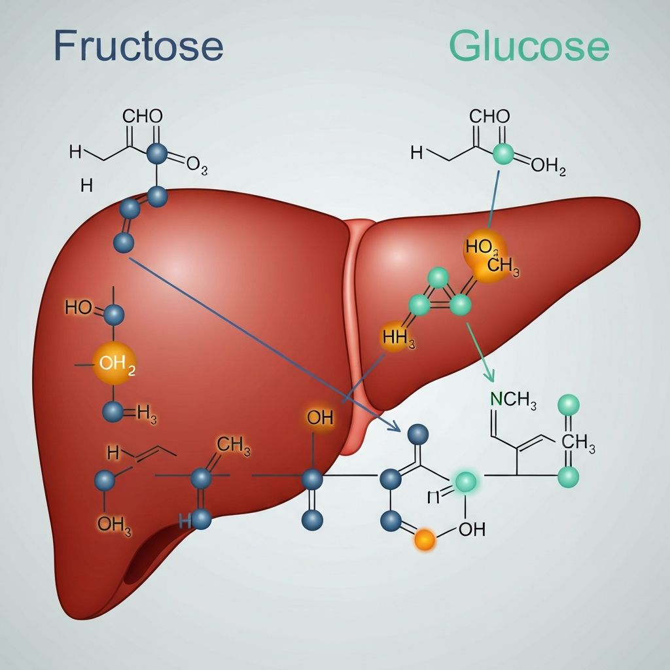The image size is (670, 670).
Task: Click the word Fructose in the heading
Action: (138, 46)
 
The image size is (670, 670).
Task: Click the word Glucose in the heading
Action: (529, 46)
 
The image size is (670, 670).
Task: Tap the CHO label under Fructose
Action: (143, 117)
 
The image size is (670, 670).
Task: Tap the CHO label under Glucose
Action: (489, 117)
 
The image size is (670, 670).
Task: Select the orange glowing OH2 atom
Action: (115, 363)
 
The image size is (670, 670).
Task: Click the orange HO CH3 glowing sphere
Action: (485, 256)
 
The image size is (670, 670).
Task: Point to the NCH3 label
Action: (514, 400)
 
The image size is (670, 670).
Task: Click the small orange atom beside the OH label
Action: (425, 540)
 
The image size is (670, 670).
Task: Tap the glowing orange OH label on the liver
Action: (320, 418)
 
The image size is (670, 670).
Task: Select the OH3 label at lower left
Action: (115, 523)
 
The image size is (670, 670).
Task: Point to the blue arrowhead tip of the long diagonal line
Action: (398, 431)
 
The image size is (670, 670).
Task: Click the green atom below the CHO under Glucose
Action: (502, 154)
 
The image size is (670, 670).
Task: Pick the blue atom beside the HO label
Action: (114, 315)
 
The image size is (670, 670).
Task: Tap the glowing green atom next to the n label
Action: (466, 482)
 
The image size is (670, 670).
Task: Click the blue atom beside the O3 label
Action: (156, 154)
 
